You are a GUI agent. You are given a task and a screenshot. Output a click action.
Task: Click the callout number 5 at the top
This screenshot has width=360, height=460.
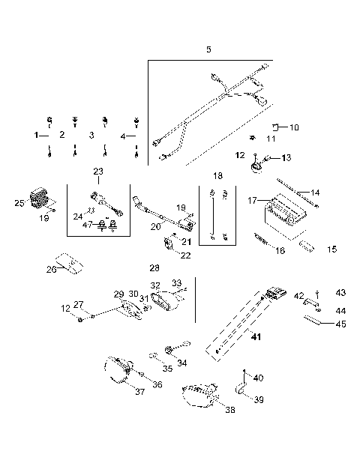pos(208,49)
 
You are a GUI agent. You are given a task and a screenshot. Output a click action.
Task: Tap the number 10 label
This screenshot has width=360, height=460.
pos(293,127)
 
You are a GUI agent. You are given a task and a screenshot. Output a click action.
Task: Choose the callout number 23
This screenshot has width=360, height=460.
pos(98,172)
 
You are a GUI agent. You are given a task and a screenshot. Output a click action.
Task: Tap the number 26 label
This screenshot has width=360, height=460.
pos(51,270)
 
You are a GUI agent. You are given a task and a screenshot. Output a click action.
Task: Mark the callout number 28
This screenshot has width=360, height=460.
pos(154,267)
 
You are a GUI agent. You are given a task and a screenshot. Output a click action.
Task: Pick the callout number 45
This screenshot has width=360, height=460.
pos(340,324)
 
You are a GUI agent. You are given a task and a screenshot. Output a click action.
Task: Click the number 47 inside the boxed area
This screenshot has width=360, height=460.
pos(88,224)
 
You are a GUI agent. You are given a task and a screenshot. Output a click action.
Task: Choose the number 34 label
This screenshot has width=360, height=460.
pos(182,363)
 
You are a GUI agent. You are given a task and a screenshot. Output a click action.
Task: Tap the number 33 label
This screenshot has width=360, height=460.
pos(177,283)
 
